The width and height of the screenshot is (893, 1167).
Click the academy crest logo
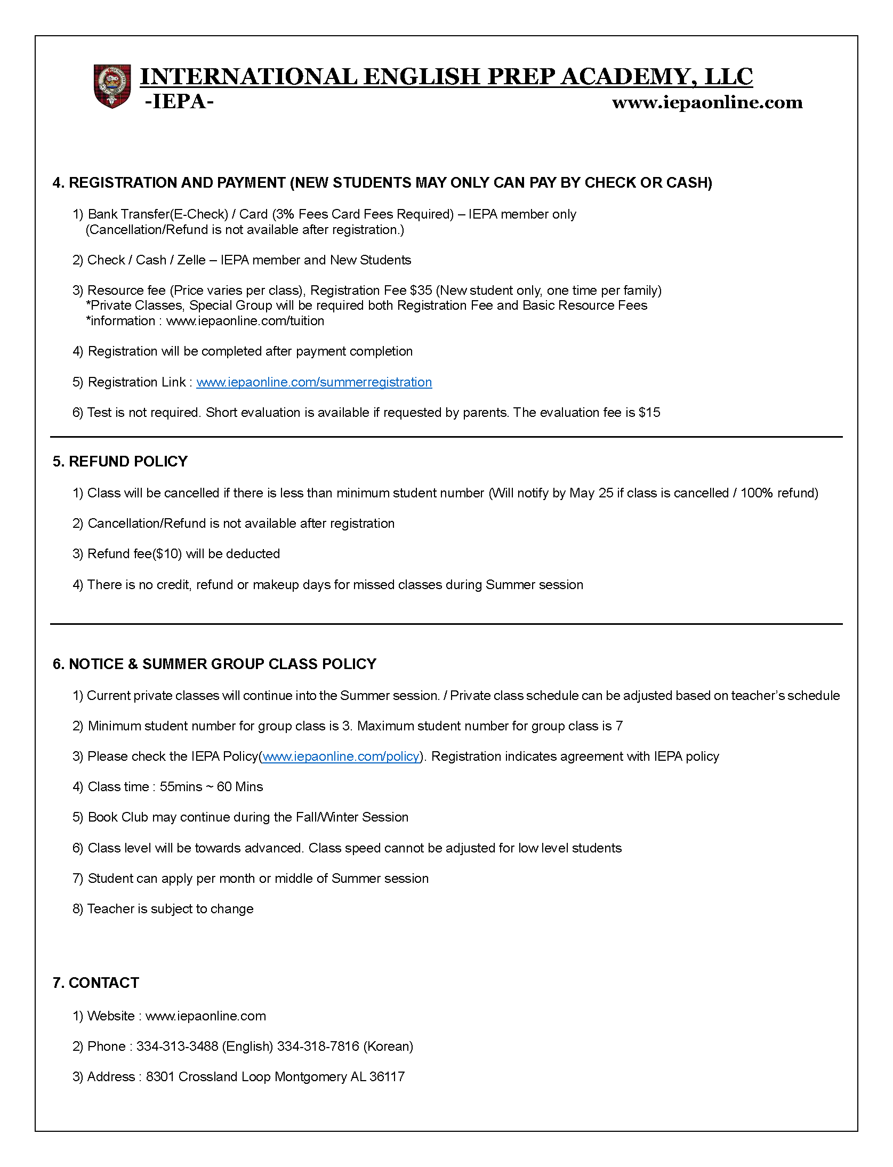(112, 86)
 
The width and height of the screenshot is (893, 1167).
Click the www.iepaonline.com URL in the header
(707, 102)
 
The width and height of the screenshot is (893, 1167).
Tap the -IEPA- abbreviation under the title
(179, 101)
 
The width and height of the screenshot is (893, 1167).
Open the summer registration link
(314, 382)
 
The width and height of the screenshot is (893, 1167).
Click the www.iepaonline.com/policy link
(341, 756)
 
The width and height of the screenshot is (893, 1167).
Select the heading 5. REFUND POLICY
(120, 462)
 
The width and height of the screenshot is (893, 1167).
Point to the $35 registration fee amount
(421, 291)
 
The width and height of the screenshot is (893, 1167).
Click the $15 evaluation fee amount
(649, 413)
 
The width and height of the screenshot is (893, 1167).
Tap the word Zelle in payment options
(191, 260)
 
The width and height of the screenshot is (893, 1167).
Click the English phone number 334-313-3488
(177, 1047)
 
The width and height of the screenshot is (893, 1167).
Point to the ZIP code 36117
(387, 1077)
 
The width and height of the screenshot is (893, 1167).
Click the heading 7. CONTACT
(96, 983)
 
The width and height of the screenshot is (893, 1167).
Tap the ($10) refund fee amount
(167, 554)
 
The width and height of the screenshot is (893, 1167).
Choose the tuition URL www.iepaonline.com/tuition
(245, 321)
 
